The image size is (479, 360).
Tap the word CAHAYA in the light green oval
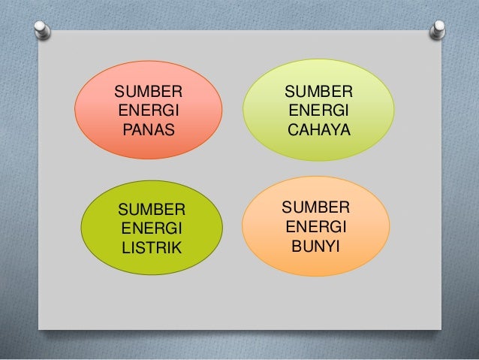[318, 130]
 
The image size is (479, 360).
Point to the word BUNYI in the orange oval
[315, 245]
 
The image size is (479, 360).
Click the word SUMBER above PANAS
[148, 92]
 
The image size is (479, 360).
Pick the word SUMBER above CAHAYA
[318, 92]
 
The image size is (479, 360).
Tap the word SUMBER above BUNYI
[315, 207]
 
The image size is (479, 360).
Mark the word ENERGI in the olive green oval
[150, 228]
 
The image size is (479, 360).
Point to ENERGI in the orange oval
[315, 225]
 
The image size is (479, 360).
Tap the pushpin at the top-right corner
[435, 31]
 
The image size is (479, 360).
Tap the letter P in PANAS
[127, 131]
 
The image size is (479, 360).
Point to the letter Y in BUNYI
[330, 245]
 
